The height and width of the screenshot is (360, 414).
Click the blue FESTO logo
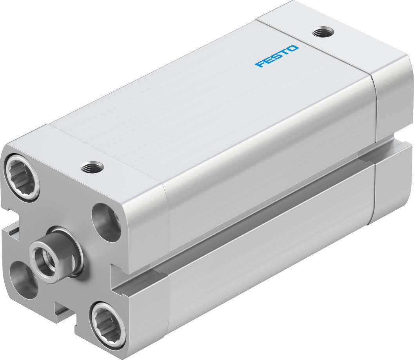click(277, 56)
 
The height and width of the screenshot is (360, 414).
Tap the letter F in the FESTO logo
click(260, 64)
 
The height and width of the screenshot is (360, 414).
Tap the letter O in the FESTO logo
click(293, 49)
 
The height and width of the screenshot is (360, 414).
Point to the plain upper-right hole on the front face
click(107, 218)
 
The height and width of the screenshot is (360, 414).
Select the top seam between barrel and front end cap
click(106, 157)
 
